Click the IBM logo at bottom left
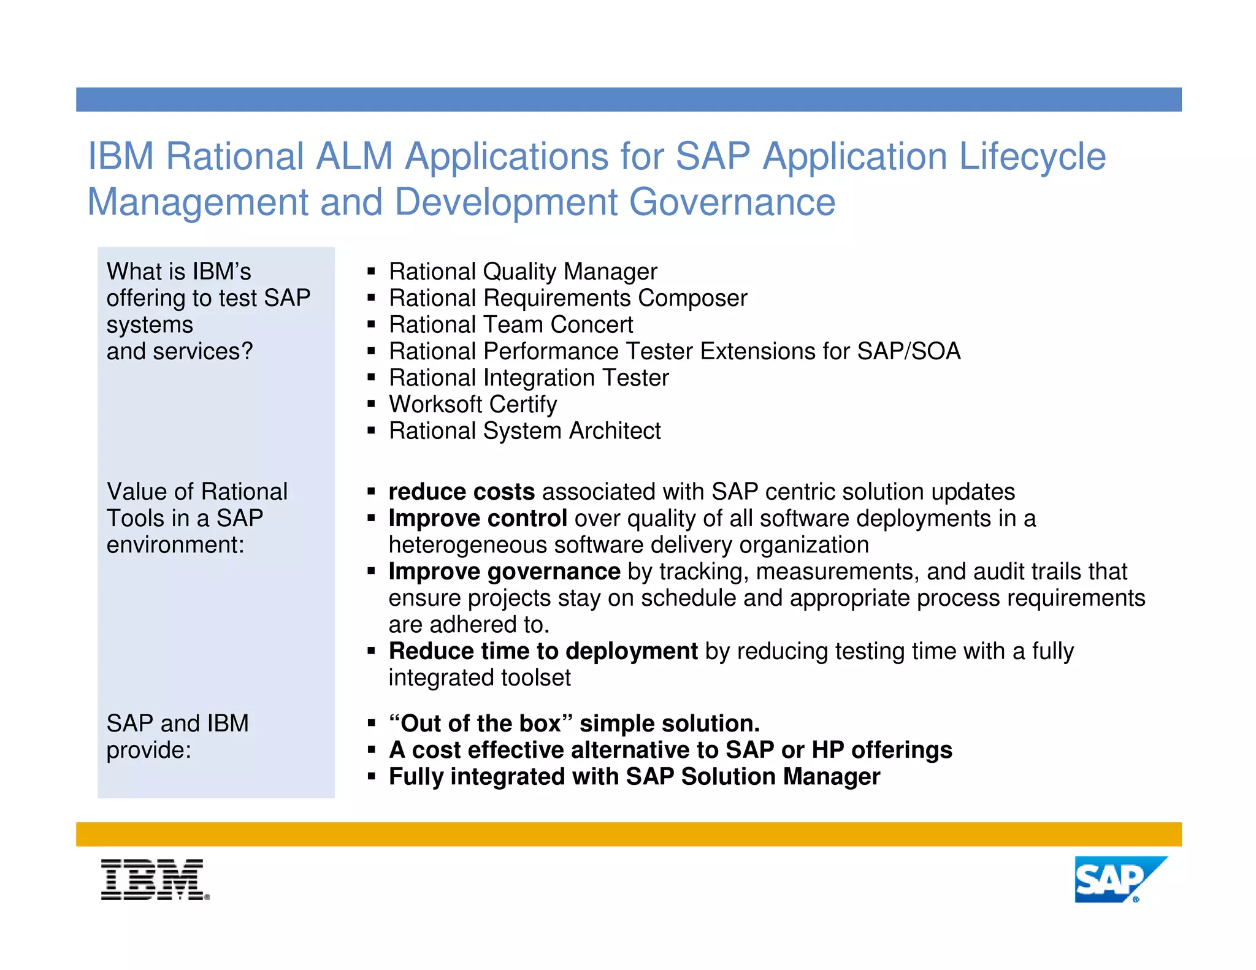155,879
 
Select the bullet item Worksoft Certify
473,404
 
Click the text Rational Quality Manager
523,271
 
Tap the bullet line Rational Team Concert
510,324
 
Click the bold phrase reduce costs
461,492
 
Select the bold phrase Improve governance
504,571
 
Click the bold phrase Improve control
477,519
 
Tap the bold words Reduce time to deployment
543,651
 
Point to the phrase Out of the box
481,724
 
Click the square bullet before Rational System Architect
371,431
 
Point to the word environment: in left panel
175,545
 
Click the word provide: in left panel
149,750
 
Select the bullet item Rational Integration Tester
528,378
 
